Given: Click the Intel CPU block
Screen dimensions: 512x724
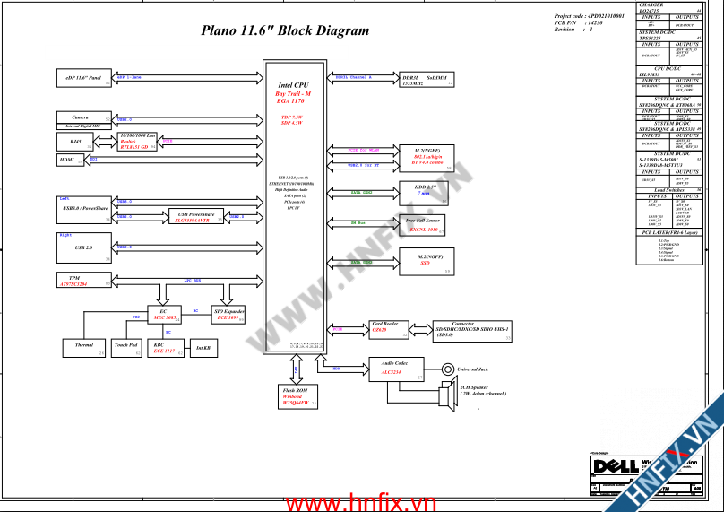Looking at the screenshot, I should click(x=295, y=206).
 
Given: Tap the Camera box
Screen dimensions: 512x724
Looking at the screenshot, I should click(x=83, y=117).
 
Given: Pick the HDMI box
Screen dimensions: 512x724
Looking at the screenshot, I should click(x=69, y=160).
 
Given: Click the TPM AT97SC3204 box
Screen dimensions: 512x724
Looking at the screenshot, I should click(x=83, y=280).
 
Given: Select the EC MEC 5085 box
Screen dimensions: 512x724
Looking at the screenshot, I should click(x=164, y=315).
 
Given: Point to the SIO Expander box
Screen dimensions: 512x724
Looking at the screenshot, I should click(x=228, y=315).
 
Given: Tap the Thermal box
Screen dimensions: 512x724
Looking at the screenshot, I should click(x=84, y=345).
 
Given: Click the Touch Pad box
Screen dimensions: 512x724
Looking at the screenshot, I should click(x=126, y=345).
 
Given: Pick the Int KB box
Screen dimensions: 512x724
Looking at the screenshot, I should click(x=203, y=348).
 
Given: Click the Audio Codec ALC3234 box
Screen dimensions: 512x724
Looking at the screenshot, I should click(x=394, y=368).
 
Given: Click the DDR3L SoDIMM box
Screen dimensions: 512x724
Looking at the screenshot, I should click(x=426, y=80).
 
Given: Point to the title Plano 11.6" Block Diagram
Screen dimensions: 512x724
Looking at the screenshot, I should click(x=285, y=30).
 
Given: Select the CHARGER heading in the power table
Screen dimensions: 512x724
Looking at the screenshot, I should click(x=651, y=5).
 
